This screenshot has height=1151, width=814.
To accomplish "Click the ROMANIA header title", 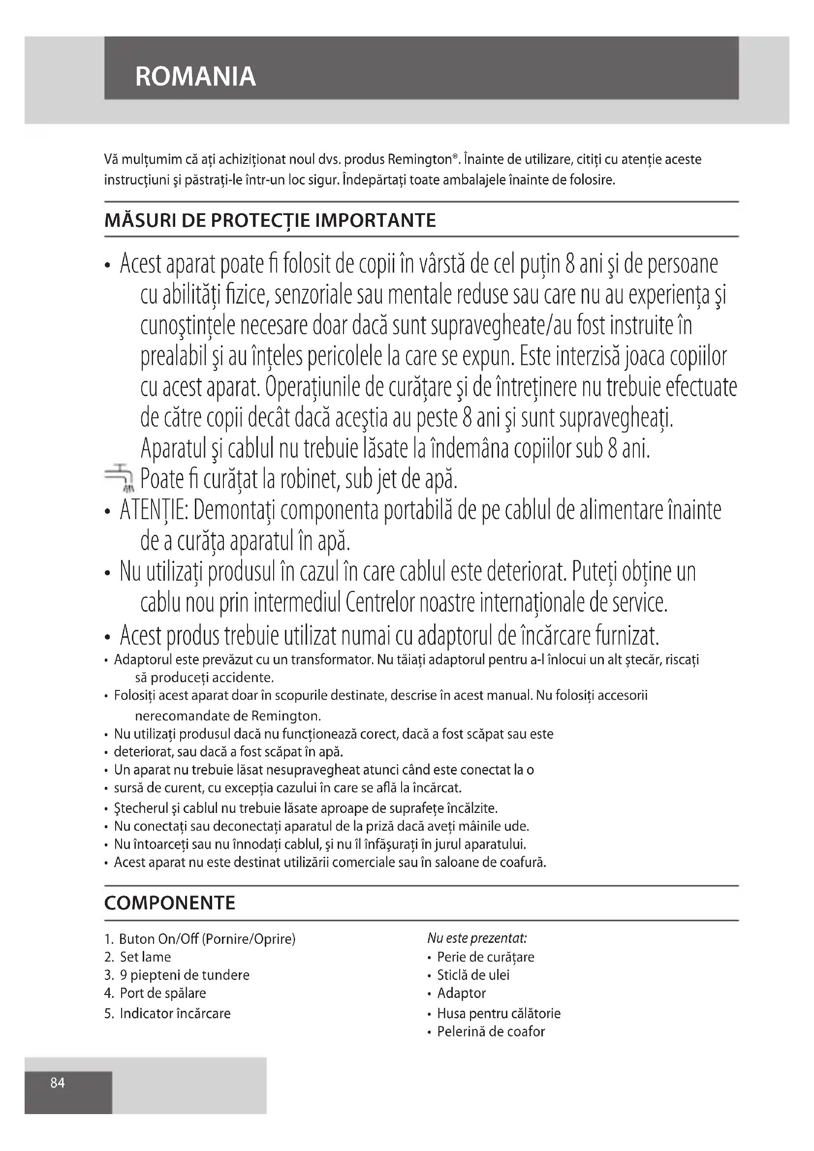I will pos(195,76).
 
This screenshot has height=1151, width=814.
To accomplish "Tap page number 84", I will pos(58,1083).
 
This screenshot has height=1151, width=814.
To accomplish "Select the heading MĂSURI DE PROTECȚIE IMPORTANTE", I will pos(270,220).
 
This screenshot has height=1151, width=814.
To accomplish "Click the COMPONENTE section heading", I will pos(169,903).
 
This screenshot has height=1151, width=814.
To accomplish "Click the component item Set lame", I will pos(145,957).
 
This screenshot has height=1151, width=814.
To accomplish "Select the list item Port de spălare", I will pos(162,993).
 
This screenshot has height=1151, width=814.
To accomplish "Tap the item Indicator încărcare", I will pos(174,1013).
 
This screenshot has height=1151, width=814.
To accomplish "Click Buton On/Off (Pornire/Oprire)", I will pos(207,939).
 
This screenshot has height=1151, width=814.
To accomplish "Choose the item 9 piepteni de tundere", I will pos(184,975).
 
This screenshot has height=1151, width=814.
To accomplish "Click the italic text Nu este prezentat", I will pos(477,938).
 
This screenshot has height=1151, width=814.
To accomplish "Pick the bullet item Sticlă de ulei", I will pos(472,975).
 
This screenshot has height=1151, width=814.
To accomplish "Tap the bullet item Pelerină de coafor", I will pos(490,1031).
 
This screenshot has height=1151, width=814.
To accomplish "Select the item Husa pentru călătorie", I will pos(498,1013).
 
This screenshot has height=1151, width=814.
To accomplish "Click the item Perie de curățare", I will pos(485,957).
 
